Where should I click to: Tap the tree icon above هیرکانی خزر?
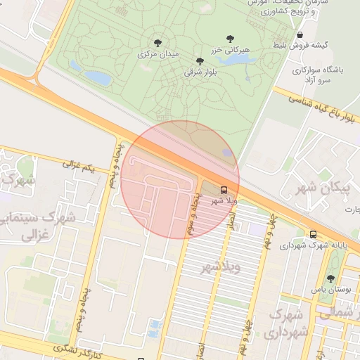tap(230, 39)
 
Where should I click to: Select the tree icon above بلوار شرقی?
tap(200, 61)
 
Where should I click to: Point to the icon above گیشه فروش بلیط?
tap(300, 35)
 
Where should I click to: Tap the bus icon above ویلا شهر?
tap(224, 190)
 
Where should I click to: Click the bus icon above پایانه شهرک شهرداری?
tap(313, 235)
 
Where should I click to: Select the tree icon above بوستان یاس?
tap(330, 278)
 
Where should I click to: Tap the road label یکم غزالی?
tap(78, 167)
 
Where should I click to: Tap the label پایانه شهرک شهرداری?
tap(311, 246)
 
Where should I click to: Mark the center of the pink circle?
tap(180, 179)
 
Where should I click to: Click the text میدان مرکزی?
tap(158, 53)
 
